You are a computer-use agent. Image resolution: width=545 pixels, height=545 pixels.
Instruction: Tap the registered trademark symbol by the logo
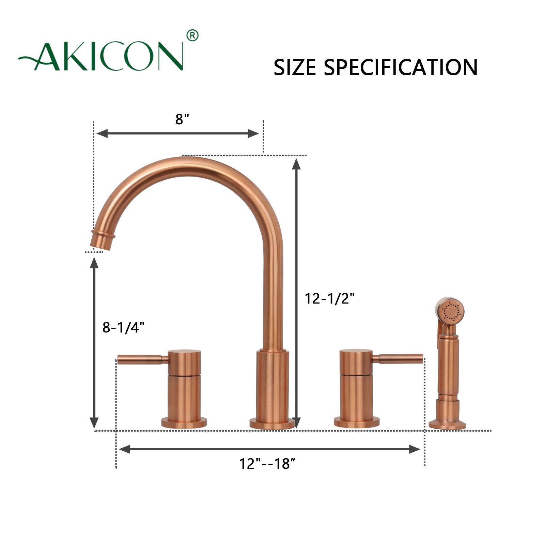pyautogui.click(x=192, y=35)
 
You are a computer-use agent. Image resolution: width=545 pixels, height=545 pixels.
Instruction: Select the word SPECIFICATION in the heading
pyautogui.click(x=400, y=67)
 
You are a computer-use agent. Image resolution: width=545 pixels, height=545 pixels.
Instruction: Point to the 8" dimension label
pyautogui.click(x=182, y=119)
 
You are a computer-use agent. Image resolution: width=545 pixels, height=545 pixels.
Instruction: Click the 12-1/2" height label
pyautogui.click(x=329, y=299)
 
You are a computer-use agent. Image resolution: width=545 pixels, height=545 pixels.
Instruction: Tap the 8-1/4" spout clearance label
pyautogui.click(x=123, y=327)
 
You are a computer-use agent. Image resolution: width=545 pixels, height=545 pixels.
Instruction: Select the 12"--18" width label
pyautogui.click(x=267, y=464)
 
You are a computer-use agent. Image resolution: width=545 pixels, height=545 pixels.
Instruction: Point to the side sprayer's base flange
pyautogui.click(x=447, y=424)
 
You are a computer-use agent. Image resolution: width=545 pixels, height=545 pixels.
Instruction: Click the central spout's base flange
pyautogui.click(x=272, y=423)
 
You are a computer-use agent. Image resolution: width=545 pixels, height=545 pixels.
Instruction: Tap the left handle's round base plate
pyautogui.click(x=184, y=423)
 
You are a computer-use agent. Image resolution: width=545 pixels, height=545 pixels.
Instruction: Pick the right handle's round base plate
pyautogui.click(x=356, y=422)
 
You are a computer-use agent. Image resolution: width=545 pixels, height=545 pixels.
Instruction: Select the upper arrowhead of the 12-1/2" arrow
pyautogui.click(x=296, y=164)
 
